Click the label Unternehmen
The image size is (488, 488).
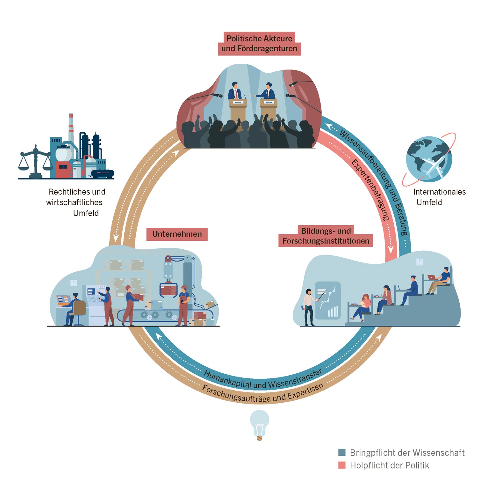tap(177, 234)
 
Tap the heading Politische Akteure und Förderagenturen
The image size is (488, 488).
tap(259, 44)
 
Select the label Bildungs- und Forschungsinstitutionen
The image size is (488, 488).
tap(326, 236)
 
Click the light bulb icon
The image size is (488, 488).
tap(259, 424)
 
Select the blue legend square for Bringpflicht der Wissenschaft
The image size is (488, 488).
tap(342, 452)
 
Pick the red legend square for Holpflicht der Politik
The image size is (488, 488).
tap(342, 465)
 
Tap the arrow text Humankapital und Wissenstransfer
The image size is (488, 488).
tap(262, 381)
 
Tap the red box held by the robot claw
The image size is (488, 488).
tap(169, 290)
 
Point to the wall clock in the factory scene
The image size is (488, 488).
tap(74, 283)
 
